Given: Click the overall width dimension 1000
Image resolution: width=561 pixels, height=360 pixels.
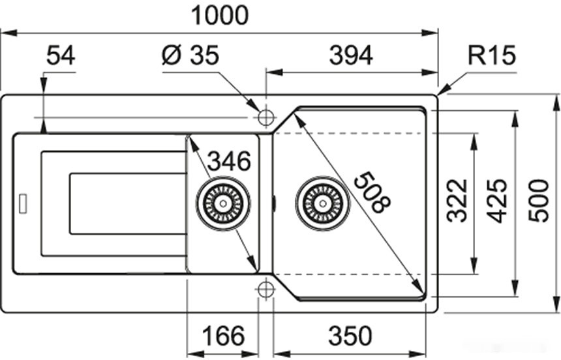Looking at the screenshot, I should click(x=219, y=15).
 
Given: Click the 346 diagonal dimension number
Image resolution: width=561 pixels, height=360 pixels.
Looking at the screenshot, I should click(x=229, y=160).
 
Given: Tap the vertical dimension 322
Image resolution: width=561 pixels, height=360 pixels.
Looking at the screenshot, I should click(x=458, y=200).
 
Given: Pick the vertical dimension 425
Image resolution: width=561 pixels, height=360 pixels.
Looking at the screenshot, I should click(x=498, y=200).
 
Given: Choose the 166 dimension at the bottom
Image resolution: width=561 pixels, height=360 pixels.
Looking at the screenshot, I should click(x=222, y=337).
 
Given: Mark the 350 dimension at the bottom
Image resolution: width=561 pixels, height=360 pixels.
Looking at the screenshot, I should click(x=350, y=337).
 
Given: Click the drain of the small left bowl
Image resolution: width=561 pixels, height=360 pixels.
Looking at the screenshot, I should click(x=223, y=203).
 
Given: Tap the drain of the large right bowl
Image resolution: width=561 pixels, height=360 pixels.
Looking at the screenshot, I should click(x=322, y=203).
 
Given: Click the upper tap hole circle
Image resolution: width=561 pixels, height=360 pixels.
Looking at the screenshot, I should click(x=265, y=117).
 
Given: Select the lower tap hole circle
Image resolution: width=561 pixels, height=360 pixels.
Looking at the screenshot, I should click(x=265, y=289).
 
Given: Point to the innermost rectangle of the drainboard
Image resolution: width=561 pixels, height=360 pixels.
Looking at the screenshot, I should click(x=127, y=203).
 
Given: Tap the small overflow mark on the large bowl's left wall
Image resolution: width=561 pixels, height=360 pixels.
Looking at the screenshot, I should click(x=274, y=203).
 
